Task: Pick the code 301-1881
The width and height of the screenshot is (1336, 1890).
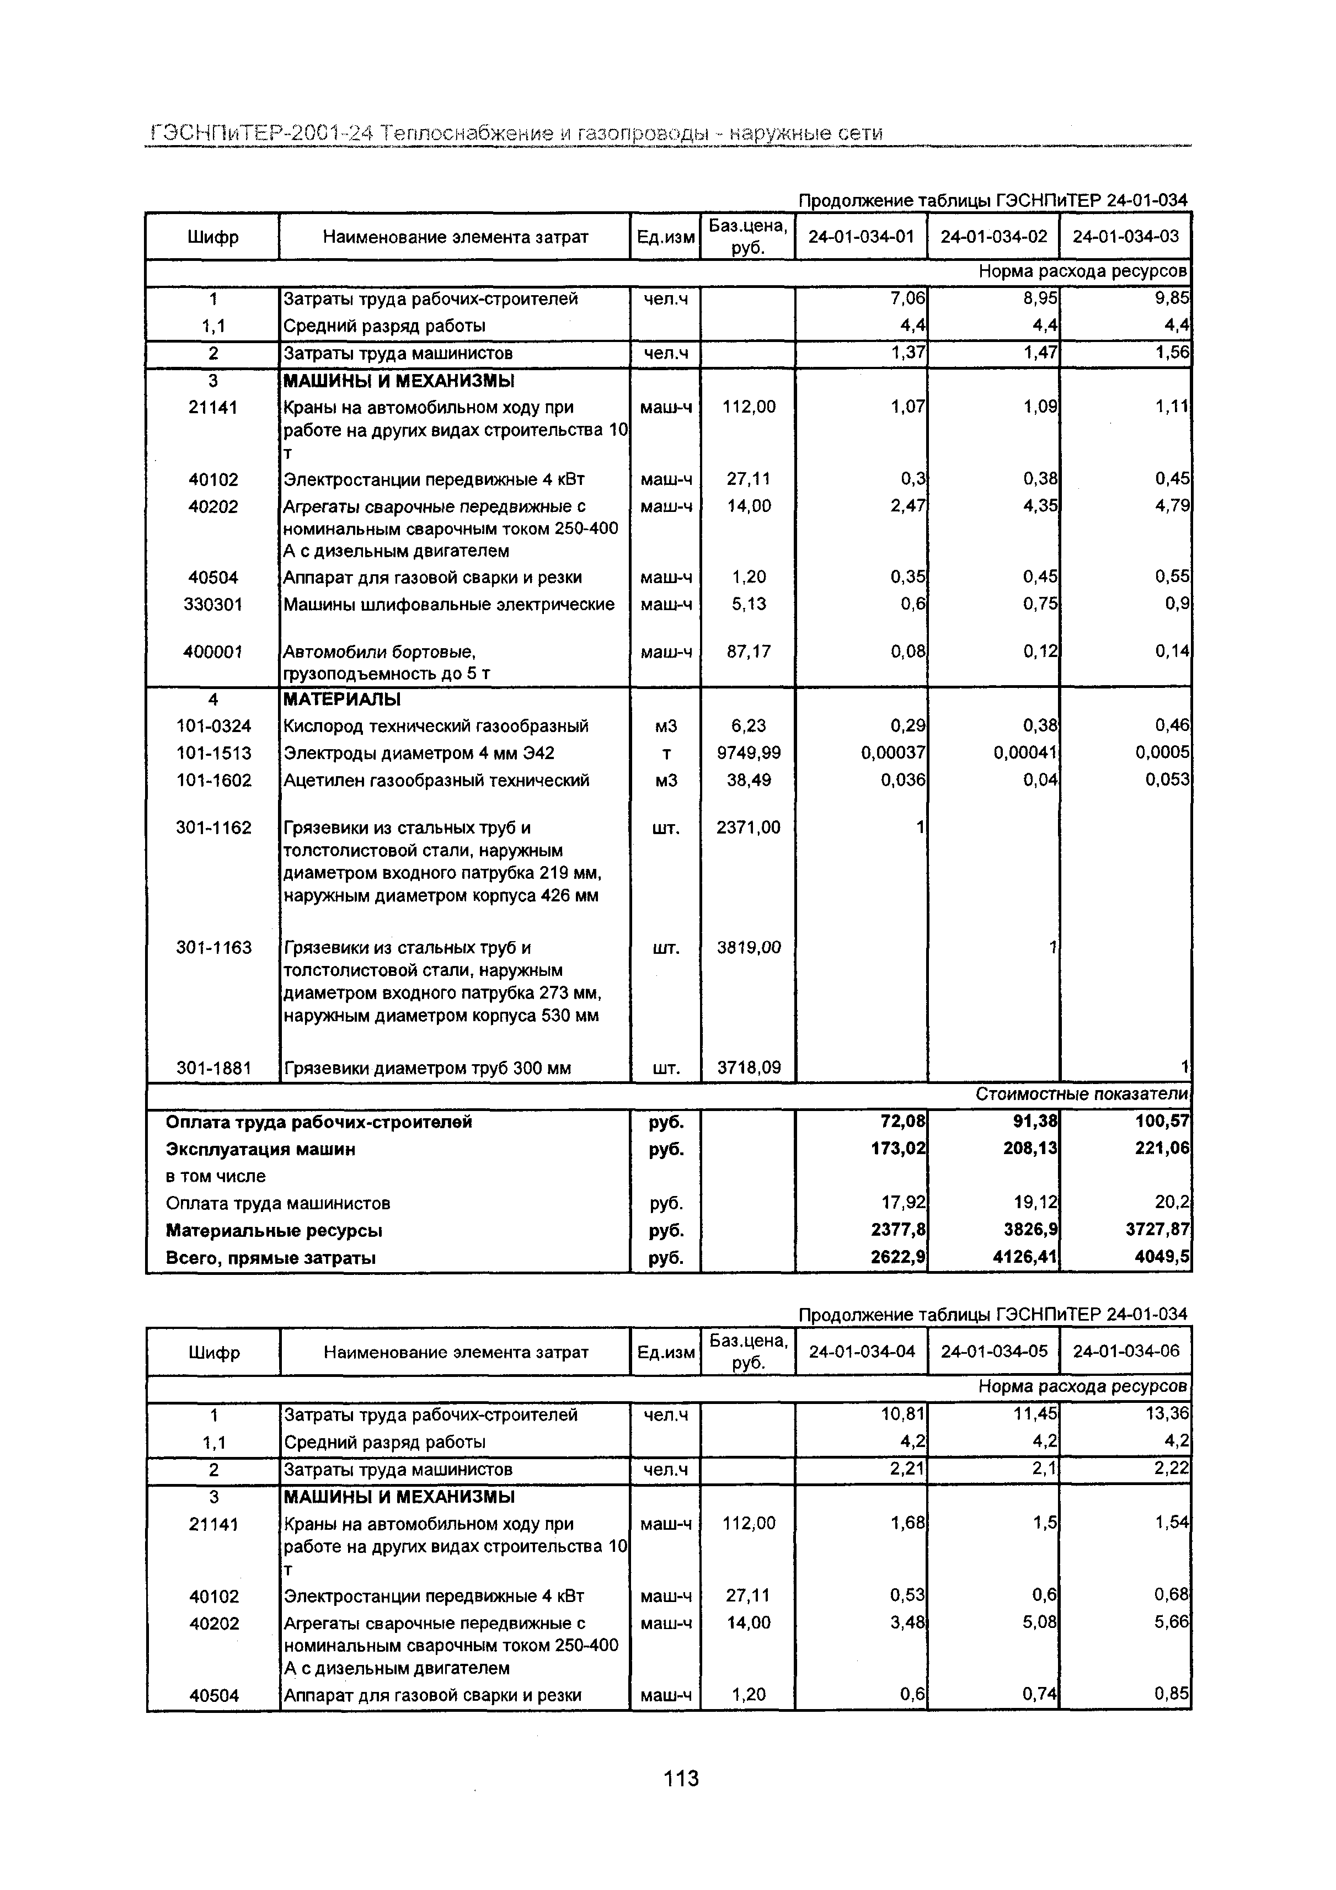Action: click(213, 1069)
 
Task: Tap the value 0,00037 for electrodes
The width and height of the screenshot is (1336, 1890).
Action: click(893, 753)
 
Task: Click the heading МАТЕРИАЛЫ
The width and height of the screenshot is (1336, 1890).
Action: click(343, 700)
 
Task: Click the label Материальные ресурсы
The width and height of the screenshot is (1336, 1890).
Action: click(274, 1231)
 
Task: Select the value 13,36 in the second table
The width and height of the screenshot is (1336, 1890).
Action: click(1172, 1414)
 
